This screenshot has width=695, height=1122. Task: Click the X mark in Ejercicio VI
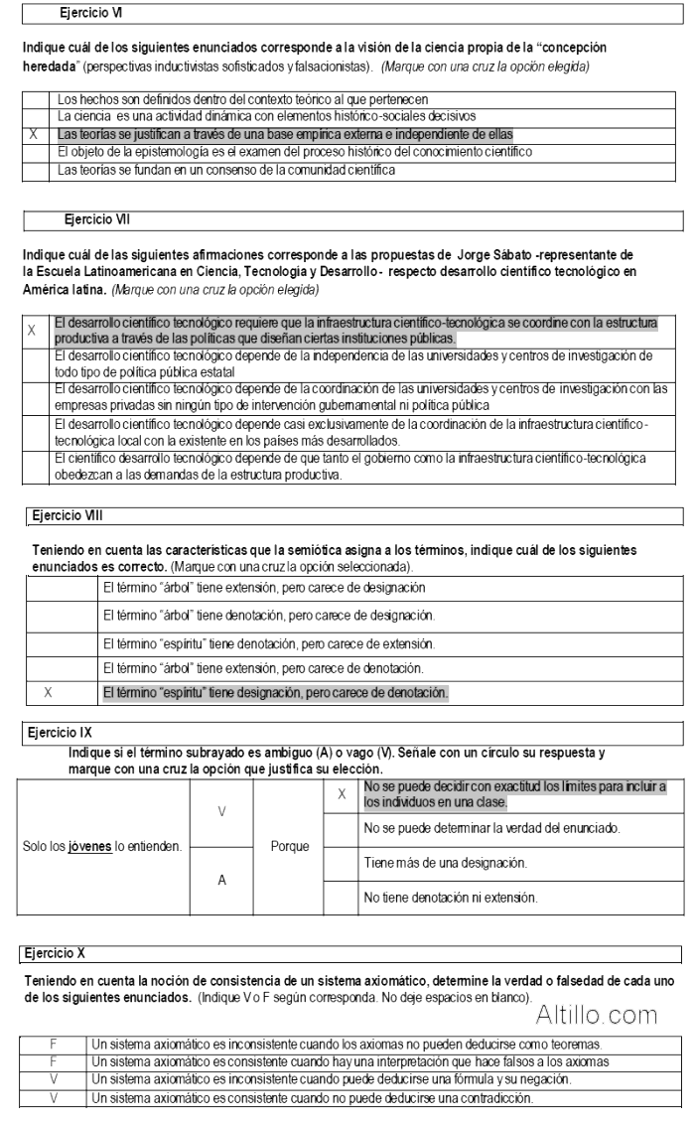point(37,132)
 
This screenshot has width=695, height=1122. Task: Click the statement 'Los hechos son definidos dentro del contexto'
point(228,99)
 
